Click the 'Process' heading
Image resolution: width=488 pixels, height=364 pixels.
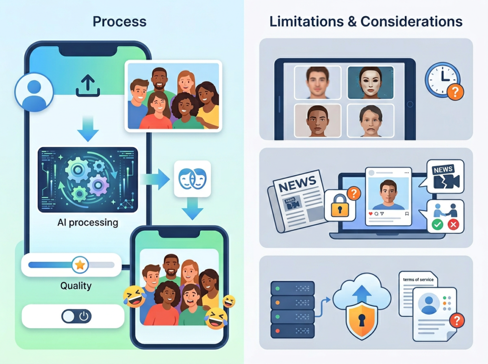[x=119, y=21]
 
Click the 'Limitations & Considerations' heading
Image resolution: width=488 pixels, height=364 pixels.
[x=366, y=21]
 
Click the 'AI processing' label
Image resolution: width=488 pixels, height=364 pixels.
[x=87, y=222]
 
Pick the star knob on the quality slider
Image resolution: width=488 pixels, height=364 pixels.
[x=80, y=265]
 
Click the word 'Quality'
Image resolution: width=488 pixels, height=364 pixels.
[x=76, y=286]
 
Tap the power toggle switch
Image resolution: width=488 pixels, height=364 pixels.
[x=76, y=316]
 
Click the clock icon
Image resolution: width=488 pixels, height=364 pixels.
[x=443, y=80]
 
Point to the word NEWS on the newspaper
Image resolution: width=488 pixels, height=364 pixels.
[x=297, y=182]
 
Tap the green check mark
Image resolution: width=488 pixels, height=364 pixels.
[x=437, y=225]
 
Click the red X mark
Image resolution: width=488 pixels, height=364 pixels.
[x=453, y=225]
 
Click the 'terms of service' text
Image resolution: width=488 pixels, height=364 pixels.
[x=417, y=280]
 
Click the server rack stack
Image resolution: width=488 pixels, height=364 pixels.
[x=293, y=309]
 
